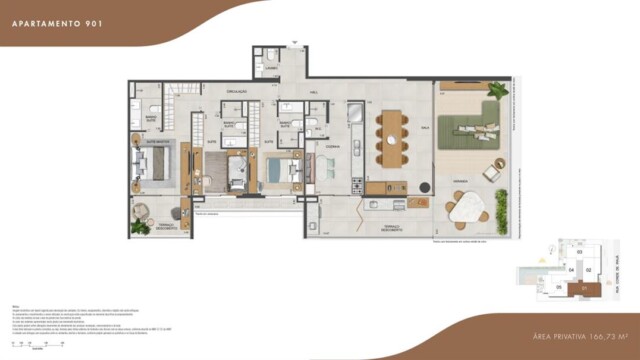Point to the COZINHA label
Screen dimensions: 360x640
pos(331,146)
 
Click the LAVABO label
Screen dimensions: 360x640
pos(271,68)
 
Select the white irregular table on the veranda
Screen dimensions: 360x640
pos(468,209)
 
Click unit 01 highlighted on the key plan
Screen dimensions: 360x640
pos(580,290)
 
